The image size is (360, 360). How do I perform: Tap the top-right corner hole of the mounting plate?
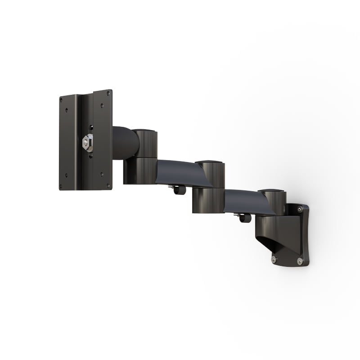tap(108, 93)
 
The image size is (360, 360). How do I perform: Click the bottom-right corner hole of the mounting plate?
tap(108, 184)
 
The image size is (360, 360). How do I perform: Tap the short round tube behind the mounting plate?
tap(121, 143)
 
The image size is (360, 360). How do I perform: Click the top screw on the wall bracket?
tap(299, 208)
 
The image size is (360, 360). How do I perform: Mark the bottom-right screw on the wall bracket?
tap(300, 261)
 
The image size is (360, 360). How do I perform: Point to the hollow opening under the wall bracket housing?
tap(268, 245)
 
